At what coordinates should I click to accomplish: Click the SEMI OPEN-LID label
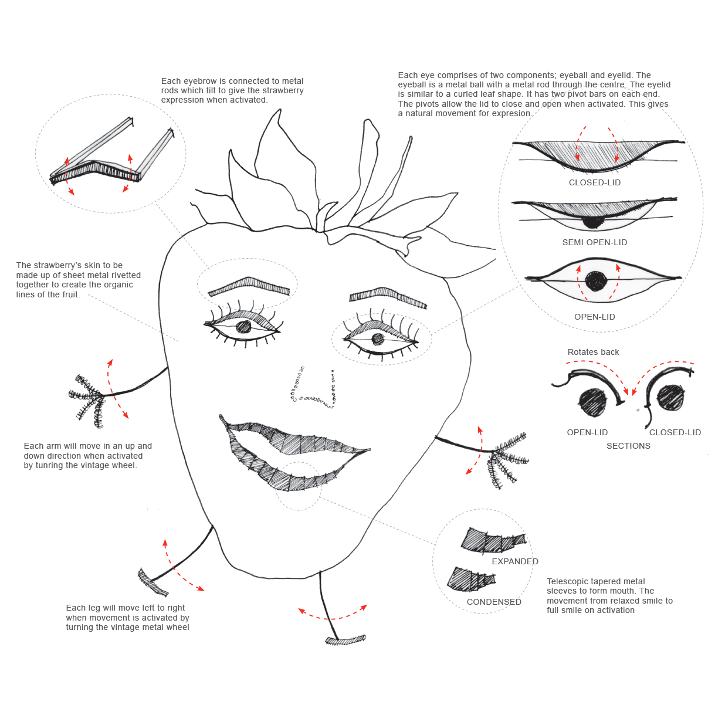(x=594, y=242)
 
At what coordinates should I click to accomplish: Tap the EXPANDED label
(x=514, y=561)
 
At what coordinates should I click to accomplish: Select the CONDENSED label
(x=494, y=602)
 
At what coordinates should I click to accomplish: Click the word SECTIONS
(x=628, y=446)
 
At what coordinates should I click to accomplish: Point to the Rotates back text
(x=593, y=352)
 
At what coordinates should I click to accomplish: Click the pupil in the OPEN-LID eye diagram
(x=597, y=281)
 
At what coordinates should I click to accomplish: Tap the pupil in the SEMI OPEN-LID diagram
(x=592, y=222)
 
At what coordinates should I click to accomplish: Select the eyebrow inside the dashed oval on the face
(x=249, y=286)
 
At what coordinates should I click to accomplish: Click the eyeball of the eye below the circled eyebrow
(x=243, y=327)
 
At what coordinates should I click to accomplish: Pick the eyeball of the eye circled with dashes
(x=377, y=339)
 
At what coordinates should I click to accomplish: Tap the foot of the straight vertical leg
(x=345, y=639)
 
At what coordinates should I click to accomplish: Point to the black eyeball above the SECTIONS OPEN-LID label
(x=593, y=402)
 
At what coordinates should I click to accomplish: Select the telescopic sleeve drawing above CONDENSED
(x=472, y=580)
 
